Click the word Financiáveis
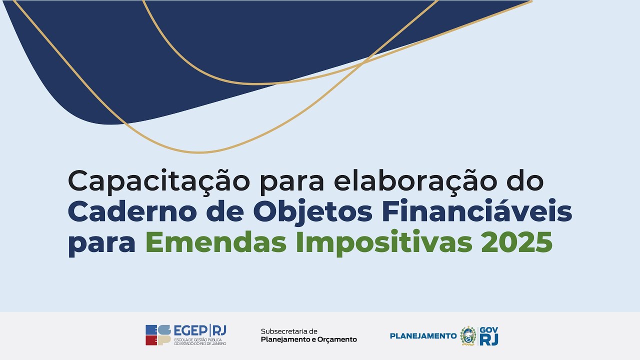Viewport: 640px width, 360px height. (x=477, y=212)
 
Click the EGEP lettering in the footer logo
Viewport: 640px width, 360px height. (x=191, y=330)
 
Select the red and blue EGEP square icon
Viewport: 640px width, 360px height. (x=158, y=335)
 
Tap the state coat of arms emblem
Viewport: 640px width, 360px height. (x=468, y=335)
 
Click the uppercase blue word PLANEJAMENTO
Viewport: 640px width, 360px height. (x=423, y=336)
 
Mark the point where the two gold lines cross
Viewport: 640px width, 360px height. (x=364, y=61)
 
